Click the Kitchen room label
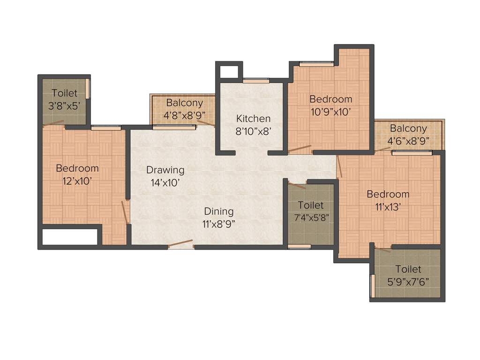[x=253, y=118]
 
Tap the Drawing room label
[x=165, y=170]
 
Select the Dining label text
[x=218, y=211]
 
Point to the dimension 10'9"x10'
[x=330, y=112]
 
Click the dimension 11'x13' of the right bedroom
[x=388, y=207]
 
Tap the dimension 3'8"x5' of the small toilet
[x=65, y=105]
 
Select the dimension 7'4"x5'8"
[x=311, y=218]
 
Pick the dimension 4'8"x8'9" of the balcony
[x=184, y=115]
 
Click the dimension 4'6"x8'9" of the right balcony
[x=408, y=141]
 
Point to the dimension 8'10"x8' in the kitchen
[x=253, y=131]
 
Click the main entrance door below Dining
[x=180, y=244]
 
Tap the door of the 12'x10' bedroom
[x=125, y=213]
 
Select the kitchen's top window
[x=256, y=81]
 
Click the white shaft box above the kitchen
[x=229, y=71]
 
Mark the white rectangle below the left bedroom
[x=69, y=237]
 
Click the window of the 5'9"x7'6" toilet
[x=373, y=285]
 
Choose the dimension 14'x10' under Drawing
[x=165, y=183]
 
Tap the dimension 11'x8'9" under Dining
[x=218, y=224]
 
